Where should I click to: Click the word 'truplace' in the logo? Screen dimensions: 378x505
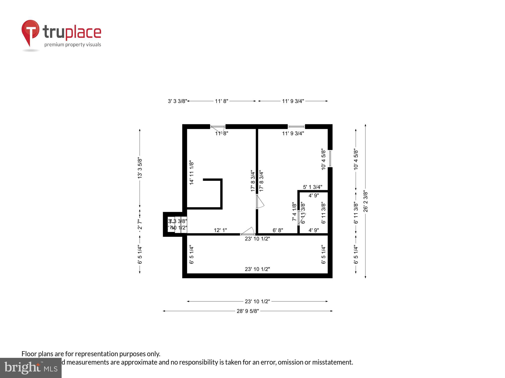point(72,32)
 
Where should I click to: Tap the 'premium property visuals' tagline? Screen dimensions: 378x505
point(73,45)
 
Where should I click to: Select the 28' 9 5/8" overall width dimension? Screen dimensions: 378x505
point(248,311)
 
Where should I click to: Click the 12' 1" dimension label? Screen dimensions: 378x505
point(220,230)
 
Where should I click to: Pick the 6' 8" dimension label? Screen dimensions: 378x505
point(278,230)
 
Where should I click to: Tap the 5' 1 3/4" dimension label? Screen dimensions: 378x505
point(313,187)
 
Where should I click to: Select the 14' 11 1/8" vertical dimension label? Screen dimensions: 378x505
point(192,173)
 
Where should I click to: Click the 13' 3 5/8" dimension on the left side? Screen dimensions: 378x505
point(140,168)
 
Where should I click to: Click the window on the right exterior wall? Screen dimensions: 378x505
point(330,159)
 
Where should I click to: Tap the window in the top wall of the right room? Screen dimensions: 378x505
point(296,127)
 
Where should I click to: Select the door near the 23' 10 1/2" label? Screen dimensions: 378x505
point(248,231)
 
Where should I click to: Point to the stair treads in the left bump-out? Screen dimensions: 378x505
point(178,225)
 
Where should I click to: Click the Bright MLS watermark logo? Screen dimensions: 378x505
point(31,368)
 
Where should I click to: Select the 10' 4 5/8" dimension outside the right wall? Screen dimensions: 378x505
point(356,159)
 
